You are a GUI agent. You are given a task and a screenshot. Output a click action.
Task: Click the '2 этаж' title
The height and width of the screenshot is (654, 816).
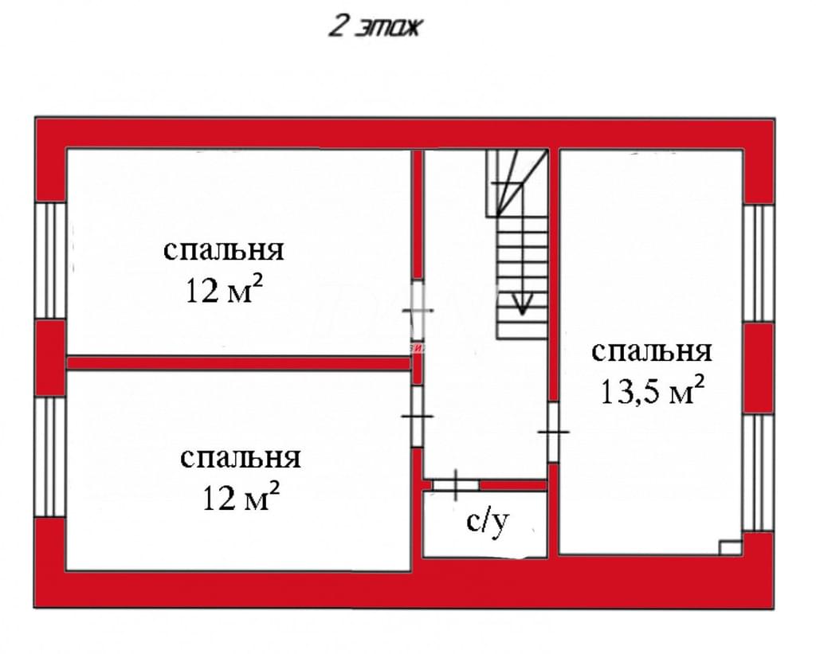(374, 27)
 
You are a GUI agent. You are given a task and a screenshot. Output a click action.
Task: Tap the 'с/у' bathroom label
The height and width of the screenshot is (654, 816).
(487, 523)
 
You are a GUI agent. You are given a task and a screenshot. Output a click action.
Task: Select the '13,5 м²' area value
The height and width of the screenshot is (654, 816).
(653, 391)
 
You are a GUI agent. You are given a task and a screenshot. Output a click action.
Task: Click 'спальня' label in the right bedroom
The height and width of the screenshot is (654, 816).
(652, 352)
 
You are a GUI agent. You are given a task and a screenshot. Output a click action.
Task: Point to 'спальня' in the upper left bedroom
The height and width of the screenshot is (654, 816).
(224, 250)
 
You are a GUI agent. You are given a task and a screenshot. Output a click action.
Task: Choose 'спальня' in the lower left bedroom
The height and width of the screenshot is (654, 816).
(241, 458)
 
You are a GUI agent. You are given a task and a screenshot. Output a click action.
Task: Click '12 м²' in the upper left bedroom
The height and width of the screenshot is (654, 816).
(224, 290)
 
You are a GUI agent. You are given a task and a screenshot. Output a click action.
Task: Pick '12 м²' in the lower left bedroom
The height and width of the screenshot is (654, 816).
(241, 497)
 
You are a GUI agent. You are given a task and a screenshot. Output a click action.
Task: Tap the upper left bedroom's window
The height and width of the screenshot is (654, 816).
(50, 260)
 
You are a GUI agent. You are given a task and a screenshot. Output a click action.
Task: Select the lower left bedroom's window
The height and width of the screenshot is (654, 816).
(50, 456)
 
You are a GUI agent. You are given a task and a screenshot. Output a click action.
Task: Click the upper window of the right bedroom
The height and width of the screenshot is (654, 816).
(759, 263)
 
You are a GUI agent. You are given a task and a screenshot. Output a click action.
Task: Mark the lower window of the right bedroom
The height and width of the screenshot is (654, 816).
(759, 472)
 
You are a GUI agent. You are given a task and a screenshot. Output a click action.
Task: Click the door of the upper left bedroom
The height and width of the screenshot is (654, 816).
(418, 311)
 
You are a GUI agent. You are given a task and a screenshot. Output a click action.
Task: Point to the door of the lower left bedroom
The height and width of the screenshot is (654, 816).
(417, 417)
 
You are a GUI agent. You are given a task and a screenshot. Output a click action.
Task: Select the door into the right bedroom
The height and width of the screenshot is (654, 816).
(553, 432)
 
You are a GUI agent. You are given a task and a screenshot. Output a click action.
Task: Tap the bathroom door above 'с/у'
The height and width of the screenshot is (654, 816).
(456, 485)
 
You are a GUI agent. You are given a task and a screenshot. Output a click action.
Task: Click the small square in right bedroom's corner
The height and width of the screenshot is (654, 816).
(730, 548)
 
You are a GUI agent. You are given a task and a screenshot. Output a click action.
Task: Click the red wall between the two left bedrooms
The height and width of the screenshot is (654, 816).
(239, 362)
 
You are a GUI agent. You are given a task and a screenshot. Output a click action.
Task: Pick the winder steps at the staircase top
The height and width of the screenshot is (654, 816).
(517, 182)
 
